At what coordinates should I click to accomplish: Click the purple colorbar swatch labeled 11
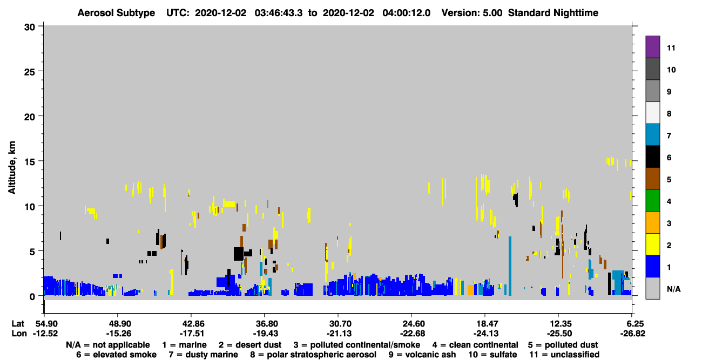[x=652, y=46]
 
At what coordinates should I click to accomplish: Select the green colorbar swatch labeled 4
[x=652, y=201]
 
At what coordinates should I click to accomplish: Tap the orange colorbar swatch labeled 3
[x=652, y=222]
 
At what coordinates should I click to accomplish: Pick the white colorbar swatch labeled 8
[x=652, y=113]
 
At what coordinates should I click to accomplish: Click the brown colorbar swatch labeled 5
[x=652, y=179]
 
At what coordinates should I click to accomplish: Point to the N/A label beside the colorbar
[x=673, y=289]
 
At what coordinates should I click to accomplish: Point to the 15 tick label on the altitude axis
[x=30, y=162]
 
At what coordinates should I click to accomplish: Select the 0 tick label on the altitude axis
[x=32, y=296]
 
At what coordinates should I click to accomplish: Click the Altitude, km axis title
[x=11, y=167]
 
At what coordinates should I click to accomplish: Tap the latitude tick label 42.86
[x=191, y=324]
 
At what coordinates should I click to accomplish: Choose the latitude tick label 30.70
[x=338, y=324]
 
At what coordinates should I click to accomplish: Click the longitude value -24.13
[x=485, y=334]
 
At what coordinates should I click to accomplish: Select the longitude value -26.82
[x=632, y=334]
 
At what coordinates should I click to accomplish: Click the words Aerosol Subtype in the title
[x=116, y=13]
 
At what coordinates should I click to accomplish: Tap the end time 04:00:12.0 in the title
[x=406, y=13]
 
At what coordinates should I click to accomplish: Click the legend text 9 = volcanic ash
[x=422, y=355]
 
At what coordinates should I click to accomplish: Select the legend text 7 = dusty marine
[x=203, y=355]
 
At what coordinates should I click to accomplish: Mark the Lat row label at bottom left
[x=18, y=324]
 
